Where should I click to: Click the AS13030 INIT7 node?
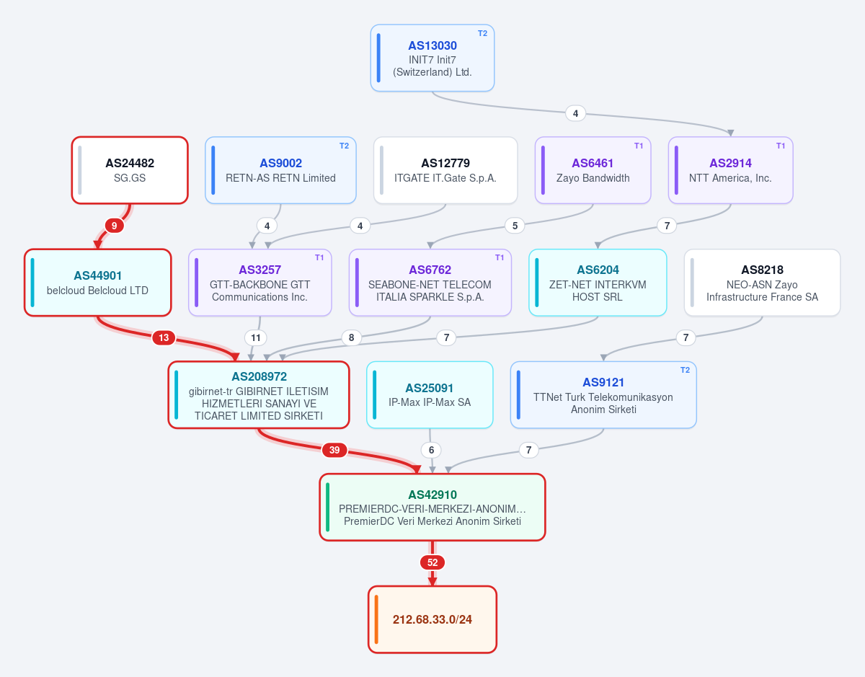coord(432,58)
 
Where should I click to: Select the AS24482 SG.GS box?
coord(130,170)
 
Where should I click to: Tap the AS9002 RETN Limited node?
coord(280,170)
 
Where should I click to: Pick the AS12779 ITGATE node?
coord(445,170)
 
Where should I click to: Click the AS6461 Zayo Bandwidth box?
coord(593,170)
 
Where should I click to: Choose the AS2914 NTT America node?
coord(730,170)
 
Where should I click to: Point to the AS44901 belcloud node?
coord(98,283)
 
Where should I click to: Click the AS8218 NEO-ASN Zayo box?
coord(762,283)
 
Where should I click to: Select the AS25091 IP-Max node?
coord(430,395)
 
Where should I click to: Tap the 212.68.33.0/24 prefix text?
coord(432,619)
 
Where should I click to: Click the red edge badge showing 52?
coord(432,562)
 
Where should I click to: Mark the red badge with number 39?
coord(334,450)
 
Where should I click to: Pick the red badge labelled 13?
coord(164,338)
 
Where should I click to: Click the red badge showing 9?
coord(114,226)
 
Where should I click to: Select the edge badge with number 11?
coord(256,338)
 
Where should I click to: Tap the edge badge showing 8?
coord(352,338)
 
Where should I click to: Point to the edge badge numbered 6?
coord(431,450)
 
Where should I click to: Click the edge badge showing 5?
coord(515,226)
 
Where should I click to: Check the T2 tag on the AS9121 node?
coord(685,370)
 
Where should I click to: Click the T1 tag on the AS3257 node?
coord(319,258)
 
